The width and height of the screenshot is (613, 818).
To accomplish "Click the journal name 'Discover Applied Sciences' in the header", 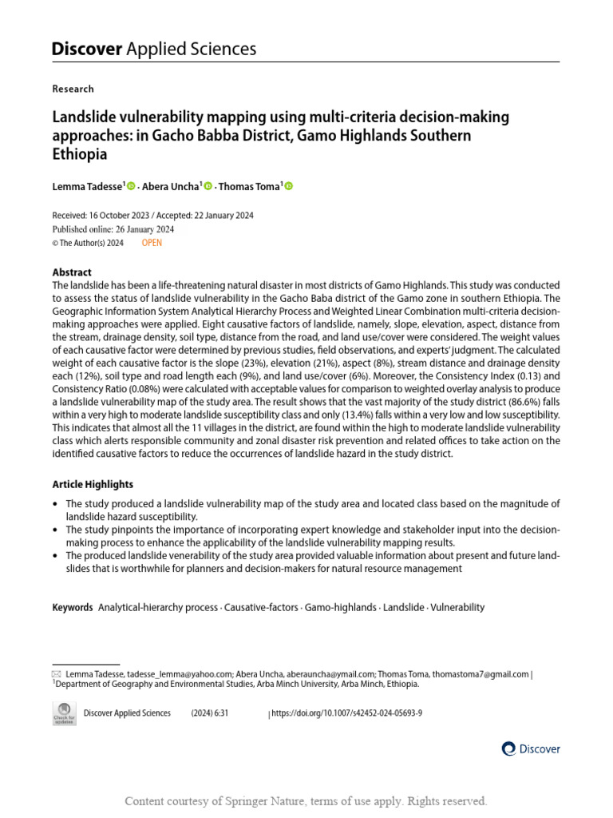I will point(154,49).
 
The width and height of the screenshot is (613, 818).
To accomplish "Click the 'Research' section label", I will point(73,89).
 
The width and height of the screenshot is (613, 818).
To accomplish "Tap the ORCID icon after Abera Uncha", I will point(208,186).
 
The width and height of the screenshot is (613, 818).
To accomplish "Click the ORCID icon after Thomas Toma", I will point(289,186).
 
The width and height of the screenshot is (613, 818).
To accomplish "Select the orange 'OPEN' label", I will point(152,243).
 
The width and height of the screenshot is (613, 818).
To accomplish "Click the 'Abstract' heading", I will point(72,272).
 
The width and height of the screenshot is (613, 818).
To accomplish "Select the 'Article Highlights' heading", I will point(93,484).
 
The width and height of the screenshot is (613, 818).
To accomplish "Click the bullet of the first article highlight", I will point(54,504).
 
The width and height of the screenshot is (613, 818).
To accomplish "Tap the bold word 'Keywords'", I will point(73,607).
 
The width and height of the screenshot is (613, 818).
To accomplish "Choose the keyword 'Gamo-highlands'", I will point(341,607).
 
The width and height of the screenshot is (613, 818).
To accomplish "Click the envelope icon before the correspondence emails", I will point(56,674).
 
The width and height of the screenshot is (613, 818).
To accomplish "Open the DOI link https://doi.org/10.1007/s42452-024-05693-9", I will point(347,713).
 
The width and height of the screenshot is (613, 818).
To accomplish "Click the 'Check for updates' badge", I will point(64,713).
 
